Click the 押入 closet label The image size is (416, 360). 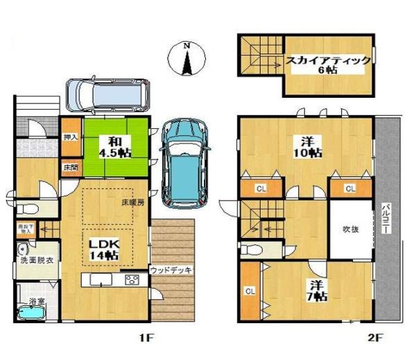click(x=71, y=138)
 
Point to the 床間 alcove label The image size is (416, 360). click(x=70, y=168)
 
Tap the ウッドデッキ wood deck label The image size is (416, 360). click(x=171, y=270)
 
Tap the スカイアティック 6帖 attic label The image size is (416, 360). click(x=329, y=65)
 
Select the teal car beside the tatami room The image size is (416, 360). click(x=182, y=161)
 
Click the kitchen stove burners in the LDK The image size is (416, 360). click(x=132, y=280)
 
